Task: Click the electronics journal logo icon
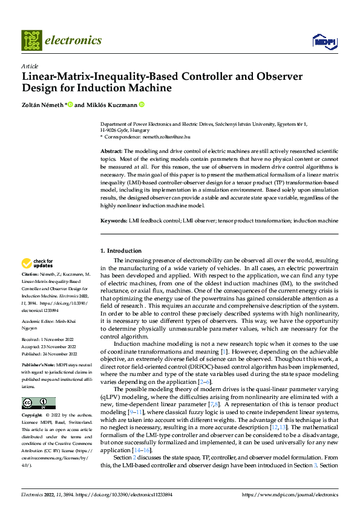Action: pyautogui.click(x=31, y=40)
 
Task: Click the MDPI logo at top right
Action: pyautogui.click(x=323, y=41)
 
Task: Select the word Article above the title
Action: pyautogui.click(x=30, y=66)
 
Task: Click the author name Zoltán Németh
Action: pyautogui.click(x=42, y=105)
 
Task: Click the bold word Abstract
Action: pyautogui.click(x=111, y=151)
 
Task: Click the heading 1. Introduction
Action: pyautogui.click(x=121, y=250)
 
